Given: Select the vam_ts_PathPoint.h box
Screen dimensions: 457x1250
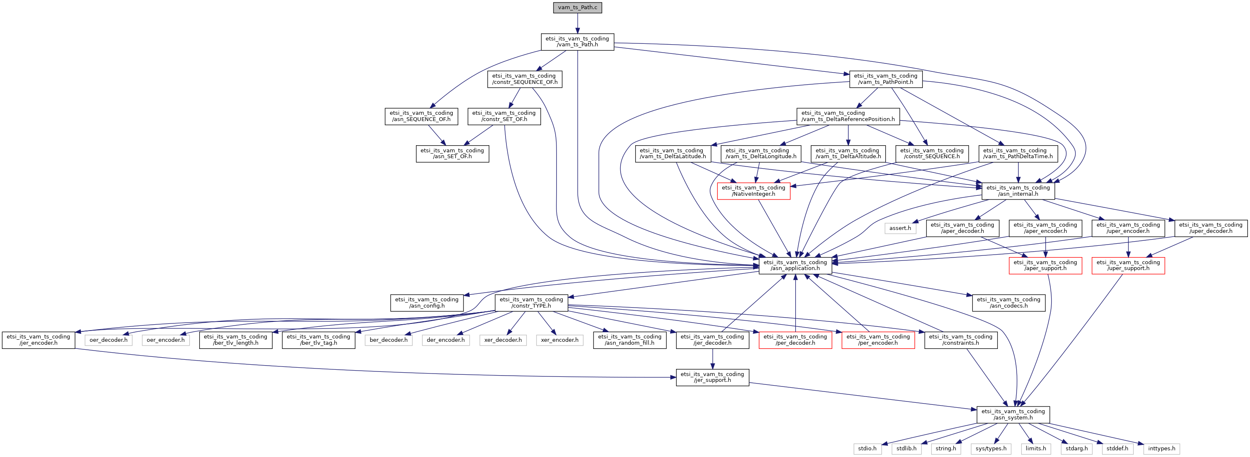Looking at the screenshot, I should coord(885,79).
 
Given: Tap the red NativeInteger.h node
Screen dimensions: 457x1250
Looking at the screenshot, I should coord(753,191).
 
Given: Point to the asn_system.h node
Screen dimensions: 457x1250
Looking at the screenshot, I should coord(1013,414).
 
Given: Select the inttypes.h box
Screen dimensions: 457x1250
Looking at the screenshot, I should coord(1161,449).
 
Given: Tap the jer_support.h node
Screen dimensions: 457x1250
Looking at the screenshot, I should coord(712,377).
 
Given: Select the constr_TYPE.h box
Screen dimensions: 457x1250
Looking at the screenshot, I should coord(531,303).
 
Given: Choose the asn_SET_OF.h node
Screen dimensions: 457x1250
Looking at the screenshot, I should coord(452,154).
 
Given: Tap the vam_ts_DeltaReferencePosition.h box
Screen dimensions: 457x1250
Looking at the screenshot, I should coord(848,116).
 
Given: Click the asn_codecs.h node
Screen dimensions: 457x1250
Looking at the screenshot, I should coord(1008,303).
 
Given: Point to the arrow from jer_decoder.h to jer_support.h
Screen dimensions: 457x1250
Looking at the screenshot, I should coord(712,359).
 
